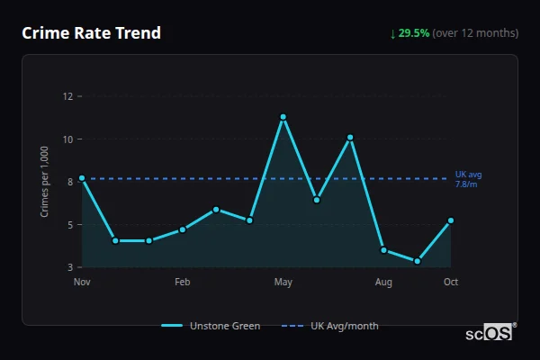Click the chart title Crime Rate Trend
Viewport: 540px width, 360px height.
[91, 33]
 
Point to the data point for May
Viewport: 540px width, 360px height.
[283, 117]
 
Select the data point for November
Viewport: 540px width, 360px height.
[82, 178]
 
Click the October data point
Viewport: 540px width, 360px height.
[451, 220]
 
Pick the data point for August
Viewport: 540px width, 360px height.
[383, 249]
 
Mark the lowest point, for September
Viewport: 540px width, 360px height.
[418, 261]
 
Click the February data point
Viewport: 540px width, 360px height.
[182, 229]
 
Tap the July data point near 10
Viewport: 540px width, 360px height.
[350, 138]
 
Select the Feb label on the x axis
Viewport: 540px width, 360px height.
[182, 283]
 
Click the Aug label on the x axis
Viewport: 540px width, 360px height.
[383, 283]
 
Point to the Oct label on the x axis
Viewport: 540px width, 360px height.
[451, 283]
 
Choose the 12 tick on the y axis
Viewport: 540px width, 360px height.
[67, 96]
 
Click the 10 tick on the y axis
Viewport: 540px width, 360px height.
[67, 139]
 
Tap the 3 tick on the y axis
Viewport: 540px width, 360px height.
[69, 267]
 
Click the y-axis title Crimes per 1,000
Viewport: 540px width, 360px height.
[44, 182]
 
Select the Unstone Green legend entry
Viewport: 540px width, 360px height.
[211, 326]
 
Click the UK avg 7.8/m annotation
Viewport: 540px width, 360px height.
[468, 179]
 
